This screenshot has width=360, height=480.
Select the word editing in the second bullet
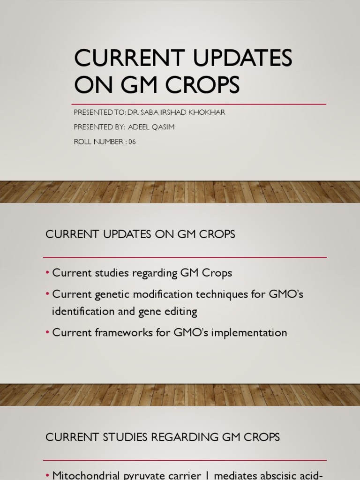[x=180, y=311]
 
